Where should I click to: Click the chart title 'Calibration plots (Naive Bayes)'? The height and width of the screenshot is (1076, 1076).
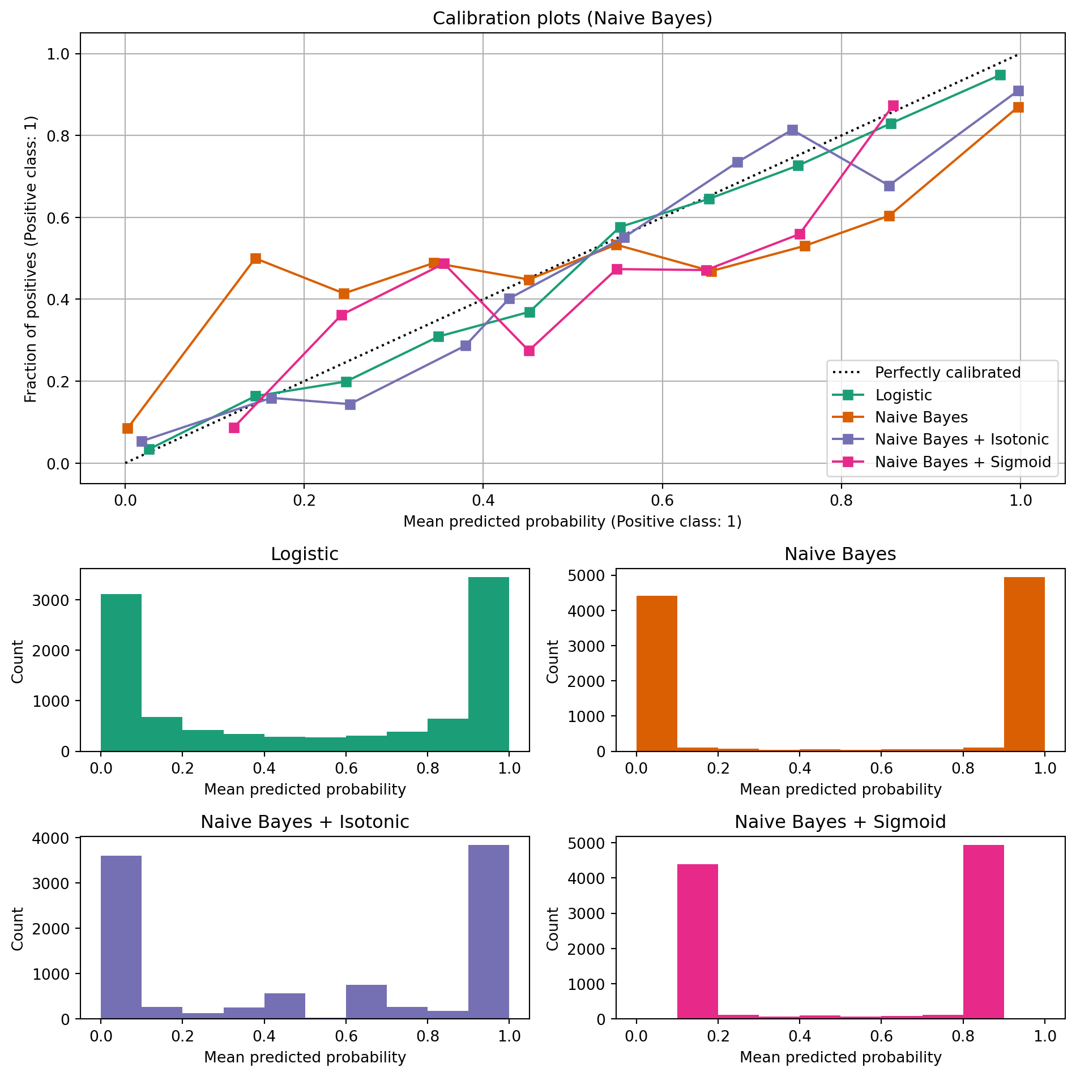click(x=572, y=19)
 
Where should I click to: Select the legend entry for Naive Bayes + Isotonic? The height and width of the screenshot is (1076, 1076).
click(x=962, y=439)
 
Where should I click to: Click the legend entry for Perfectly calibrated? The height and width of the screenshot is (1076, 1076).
click(x=947, y=373)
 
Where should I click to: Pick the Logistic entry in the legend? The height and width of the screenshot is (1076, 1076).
click(x=903, y=395)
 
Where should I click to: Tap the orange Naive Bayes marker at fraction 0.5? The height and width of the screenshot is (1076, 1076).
click(x=255, y=258)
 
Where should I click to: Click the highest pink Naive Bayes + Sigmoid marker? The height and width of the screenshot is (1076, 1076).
click(x=893, y=106)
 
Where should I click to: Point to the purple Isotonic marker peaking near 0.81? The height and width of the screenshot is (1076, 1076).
click(x=792, y=130)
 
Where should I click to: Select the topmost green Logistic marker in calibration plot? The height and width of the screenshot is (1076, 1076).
click(x=1000, y=75)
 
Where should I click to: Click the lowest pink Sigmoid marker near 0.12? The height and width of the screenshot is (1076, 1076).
click(x=234, y=428)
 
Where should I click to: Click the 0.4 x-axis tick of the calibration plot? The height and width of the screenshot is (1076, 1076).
click(x=483, y=501)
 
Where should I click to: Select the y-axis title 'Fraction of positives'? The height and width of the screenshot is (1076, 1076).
click(x=31, y=259)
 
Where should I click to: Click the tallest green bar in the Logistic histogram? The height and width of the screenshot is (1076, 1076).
click(x=489, y=664)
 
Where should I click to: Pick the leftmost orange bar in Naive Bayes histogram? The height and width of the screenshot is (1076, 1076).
click(x=656, y=673)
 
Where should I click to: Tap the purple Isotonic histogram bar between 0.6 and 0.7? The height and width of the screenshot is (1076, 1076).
click(x=366, y=1002)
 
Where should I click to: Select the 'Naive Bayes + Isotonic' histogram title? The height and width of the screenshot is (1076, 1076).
click(x=305, y=822)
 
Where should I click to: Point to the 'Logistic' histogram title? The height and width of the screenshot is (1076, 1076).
click(x=305, y=554)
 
